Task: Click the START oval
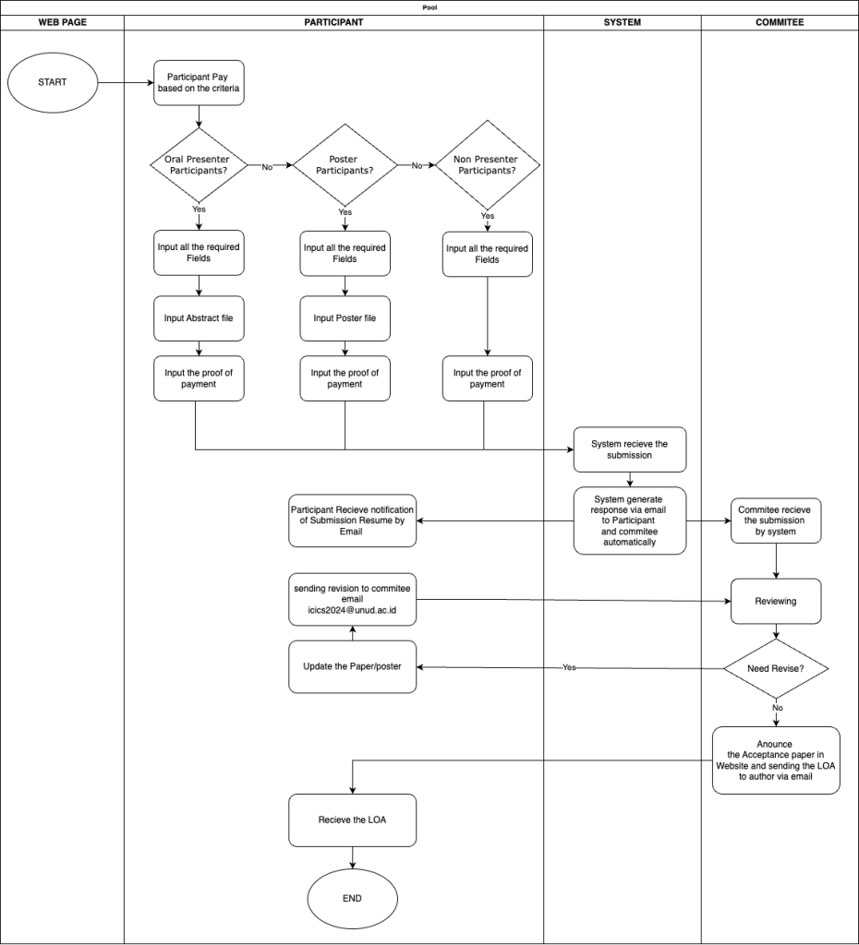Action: click(x=53, y=82)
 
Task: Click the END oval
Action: click(x=352, y=898)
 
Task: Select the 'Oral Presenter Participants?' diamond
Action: click(x=199, y=165)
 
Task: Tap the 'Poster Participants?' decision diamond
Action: click(x=345, y=165)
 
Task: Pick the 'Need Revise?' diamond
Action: click(x=776, y=668)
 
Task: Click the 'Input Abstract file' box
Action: click(x=199, y=318)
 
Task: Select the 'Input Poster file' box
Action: click(x=345, y=318)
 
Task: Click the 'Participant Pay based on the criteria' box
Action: click(x=199, y=82)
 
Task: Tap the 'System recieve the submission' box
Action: click(x=630, y=449)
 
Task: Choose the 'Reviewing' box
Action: click(x=776, y=601)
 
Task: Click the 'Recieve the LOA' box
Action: click(x=352, y=819)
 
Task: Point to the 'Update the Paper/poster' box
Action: click(x=352, y=666)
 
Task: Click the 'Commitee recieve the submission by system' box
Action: click(x=776, y=520)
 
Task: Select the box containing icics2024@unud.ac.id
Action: click(x=352, y=599)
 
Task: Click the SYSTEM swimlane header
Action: click(x=622, y=22)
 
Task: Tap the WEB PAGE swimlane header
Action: click(x=62, y=22)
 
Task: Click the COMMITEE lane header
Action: click(x=780, y=22)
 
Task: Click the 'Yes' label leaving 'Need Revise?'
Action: click(x=569, y=667)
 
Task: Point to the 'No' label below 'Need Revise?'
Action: click(x=777, y=708)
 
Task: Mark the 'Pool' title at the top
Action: click(x=429, y=7)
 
